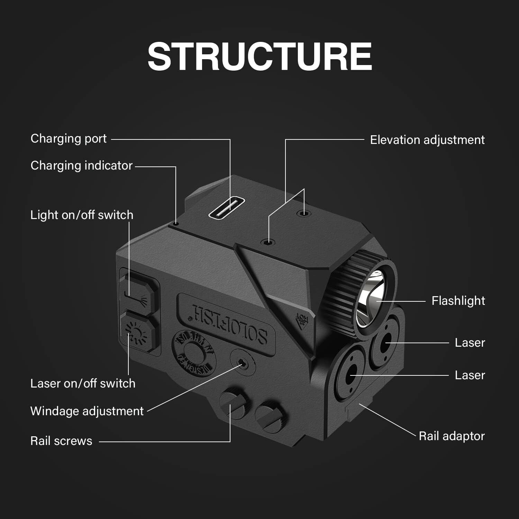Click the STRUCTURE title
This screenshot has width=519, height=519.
tap(259, 56)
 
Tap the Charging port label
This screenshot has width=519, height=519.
tap(69, 139)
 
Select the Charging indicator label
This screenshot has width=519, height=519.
tap(81, 166)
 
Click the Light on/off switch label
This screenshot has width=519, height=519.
tap(82, 215)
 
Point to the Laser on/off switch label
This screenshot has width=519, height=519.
tap(83, 383)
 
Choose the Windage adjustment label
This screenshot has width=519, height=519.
tap(87, 411)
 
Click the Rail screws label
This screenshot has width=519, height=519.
tap(61, 441)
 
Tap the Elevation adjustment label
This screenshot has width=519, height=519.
tap(427, 140)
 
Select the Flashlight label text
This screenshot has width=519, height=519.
tap(458, 301)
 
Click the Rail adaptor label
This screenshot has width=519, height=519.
tap(452, 436)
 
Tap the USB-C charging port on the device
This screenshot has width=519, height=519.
tap(227, 209)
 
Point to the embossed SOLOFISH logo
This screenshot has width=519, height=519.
tap(229, 323)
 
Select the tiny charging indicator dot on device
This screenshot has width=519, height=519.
tap(176, 224)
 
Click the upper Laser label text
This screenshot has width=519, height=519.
tap(470, 343)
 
